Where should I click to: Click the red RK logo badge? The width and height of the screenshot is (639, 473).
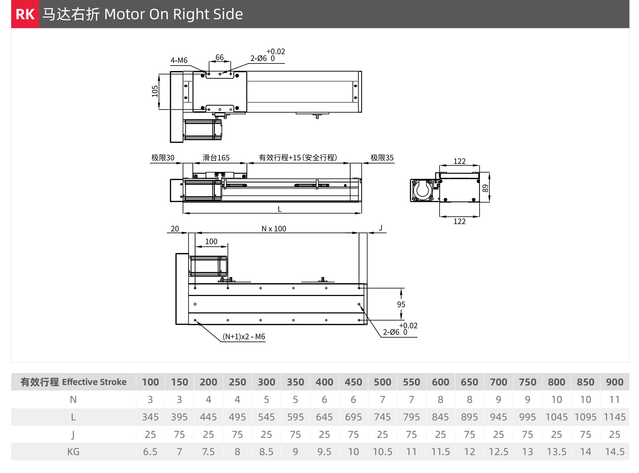[25, 14]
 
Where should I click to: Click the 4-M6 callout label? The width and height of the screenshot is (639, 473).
[179, 60]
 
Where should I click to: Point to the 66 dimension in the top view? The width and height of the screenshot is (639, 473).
[219, 57]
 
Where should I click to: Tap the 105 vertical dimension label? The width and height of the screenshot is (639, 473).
[155, 91]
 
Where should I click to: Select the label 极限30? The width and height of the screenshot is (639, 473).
[162, 158]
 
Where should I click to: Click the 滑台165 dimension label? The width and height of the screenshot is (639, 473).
[216, 158]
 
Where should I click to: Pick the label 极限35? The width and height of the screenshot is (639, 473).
[382, 158]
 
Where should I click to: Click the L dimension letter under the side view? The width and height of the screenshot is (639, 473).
[280, 209]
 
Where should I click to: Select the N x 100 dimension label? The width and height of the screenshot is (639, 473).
[273, 229]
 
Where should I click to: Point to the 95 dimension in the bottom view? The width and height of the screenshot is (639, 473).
[401, 304]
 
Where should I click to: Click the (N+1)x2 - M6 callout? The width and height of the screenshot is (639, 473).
[244, 337]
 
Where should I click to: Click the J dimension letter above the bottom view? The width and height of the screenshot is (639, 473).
[380, 228]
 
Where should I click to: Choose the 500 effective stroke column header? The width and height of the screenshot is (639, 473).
[382, 382]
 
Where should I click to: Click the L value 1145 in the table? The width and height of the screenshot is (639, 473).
[614, 417]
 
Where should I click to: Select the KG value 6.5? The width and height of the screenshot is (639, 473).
[150, 452]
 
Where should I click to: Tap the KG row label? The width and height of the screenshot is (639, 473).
[73, 452]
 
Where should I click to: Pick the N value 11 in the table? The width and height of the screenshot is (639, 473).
[614, 400]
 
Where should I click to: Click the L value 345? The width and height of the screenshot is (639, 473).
[150, 417]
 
